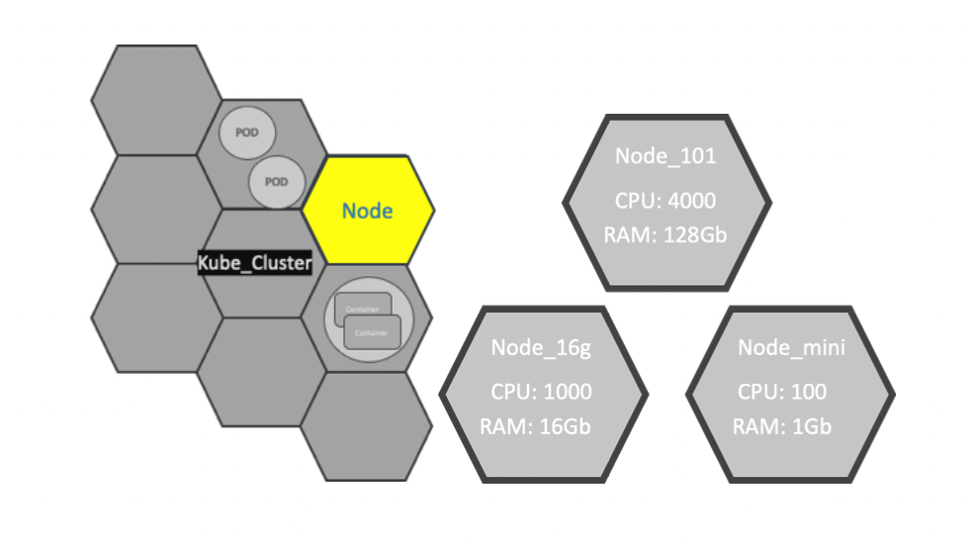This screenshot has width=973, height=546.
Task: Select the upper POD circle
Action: click(246, 133)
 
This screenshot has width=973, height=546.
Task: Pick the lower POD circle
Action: click(276, 182)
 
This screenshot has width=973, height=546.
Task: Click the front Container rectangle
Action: click(373, 333)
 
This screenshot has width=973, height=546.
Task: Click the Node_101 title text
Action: click(665, 156)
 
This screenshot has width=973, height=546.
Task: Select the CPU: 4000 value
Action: click(665, 201)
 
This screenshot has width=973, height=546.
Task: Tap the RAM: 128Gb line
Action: click(665, 234)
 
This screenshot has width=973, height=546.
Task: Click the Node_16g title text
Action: click(541, 347)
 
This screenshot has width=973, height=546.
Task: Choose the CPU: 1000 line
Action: click(541, 392)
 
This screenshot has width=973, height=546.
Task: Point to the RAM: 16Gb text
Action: click(541, 426)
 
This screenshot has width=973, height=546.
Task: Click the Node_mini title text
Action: click(791, 347)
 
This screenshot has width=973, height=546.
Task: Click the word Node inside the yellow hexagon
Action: click(367, 211)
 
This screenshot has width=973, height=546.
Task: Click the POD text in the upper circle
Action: click(246, 133)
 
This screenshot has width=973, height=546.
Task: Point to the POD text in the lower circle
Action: click(276, 182)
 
